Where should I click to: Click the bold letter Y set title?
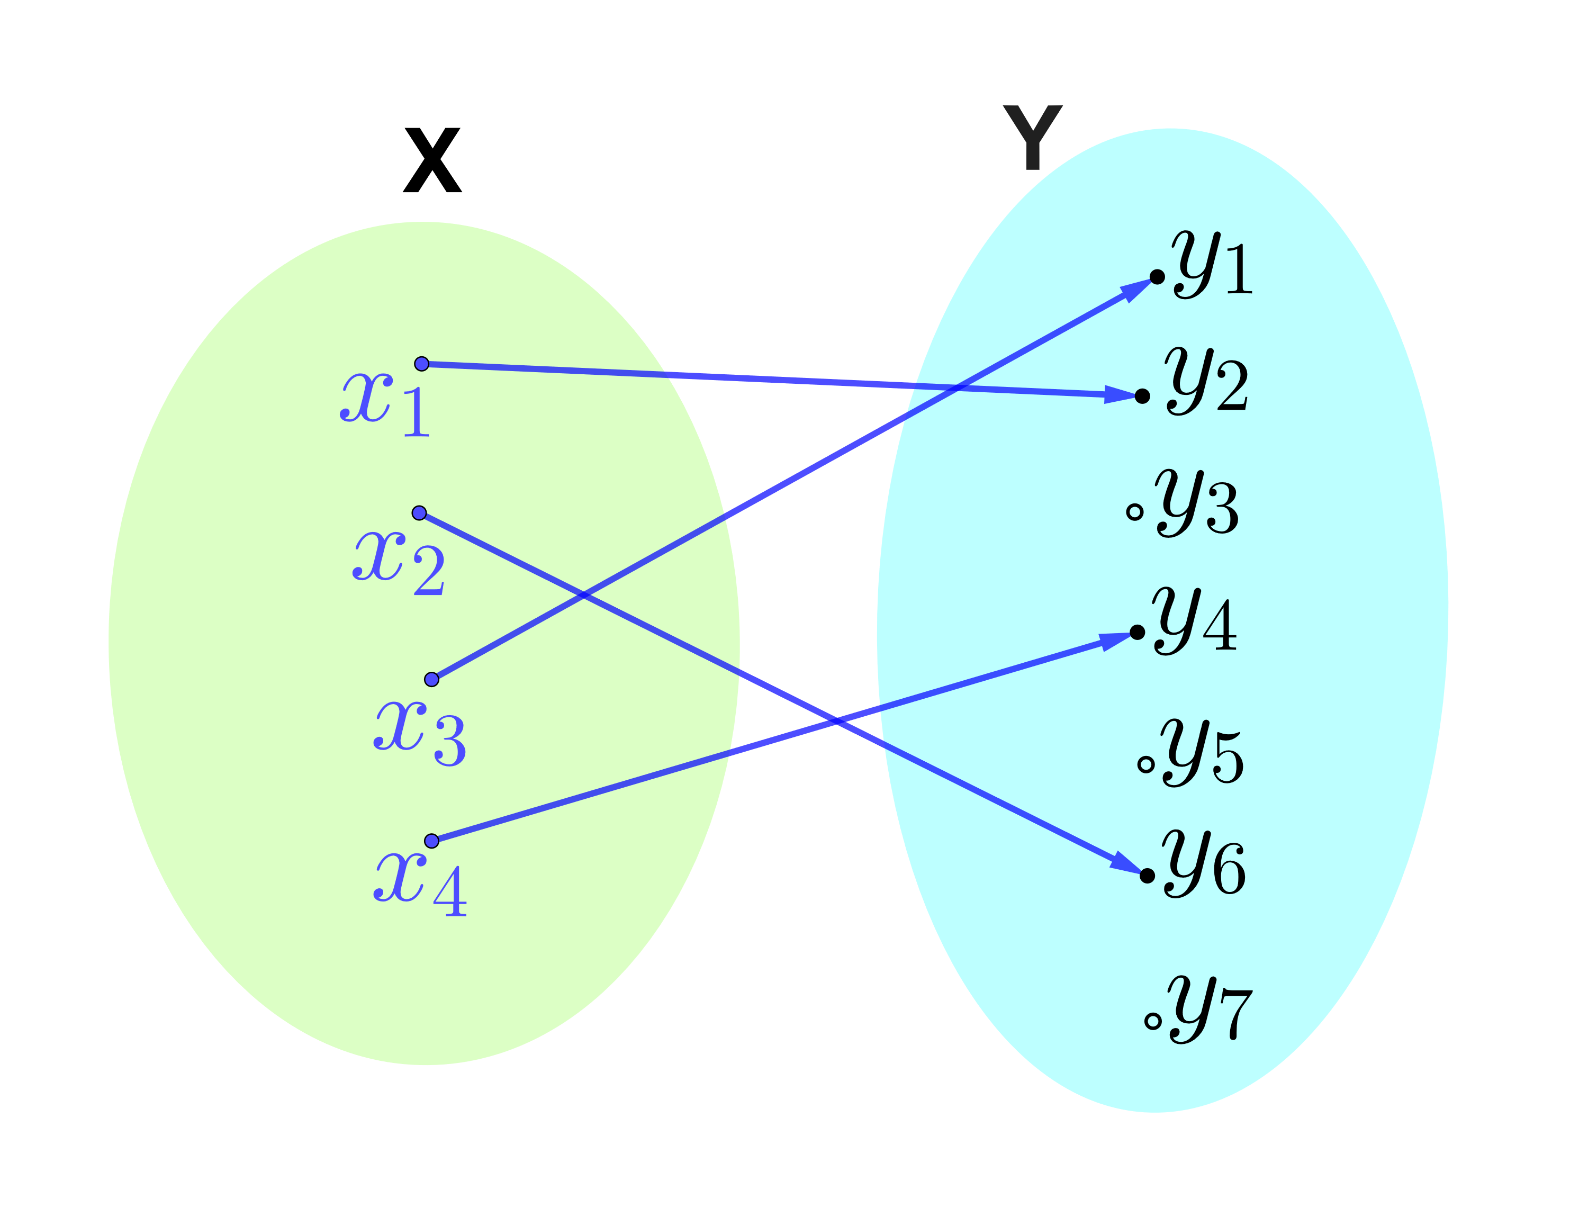coord(1033,138)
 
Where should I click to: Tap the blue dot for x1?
coord(422,364)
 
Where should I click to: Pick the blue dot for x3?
coord(431,680)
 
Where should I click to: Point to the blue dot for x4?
coord(431,841)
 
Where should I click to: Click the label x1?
coord(385,403)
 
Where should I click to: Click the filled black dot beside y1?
coord(1157,277)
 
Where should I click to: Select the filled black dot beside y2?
coord(1142,395)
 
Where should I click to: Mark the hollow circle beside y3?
coord(1134,512)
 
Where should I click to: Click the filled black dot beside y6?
coord(1148,876)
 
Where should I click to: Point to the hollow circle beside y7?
coord(1152,1022)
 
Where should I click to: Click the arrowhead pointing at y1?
coord(1136,288)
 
